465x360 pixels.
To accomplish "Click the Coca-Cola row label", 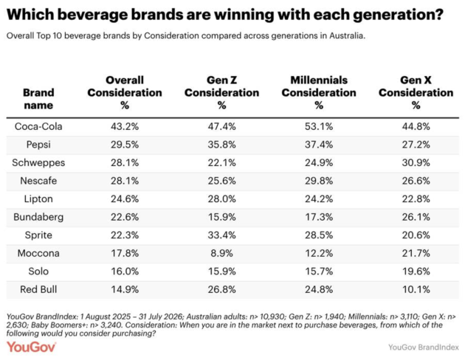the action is tap(38, 127).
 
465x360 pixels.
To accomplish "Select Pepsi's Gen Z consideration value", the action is tap(222, 145).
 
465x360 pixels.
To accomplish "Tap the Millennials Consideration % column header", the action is tap(319, 92).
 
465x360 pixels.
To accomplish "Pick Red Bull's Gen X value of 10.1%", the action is tap(416, 289).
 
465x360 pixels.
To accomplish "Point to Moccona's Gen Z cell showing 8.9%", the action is tap(222, 253).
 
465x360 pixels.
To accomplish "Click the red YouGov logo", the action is tap(31, 347).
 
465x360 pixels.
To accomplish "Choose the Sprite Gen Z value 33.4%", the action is tap(222, 235).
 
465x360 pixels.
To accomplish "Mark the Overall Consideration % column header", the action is tap(125, 92).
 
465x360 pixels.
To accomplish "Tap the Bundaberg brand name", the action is tap(38, 217).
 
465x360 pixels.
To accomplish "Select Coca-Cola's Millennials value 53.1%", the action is tap(319, 127).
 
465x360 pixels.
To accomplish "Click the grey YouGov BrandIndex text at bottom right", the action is tap(424, 347).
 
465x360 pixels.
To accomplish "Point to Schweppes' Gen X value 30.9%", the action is tap(416, 163).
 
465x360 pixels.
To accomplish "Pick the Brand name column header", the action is tap(38, 99).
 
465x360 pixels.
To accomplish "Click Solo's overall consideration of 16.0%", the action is tap(125, 271).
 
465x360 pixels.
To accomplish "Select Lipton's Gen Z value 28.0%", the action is tap(222, 199).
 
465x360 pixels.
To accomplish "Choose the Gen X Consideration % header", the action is tap(416, 92).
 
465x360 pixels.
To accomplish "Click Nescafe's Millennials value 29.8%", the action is tap(319, 181).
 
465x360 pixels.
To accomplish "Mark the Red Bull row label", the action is tap(38, 289).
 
